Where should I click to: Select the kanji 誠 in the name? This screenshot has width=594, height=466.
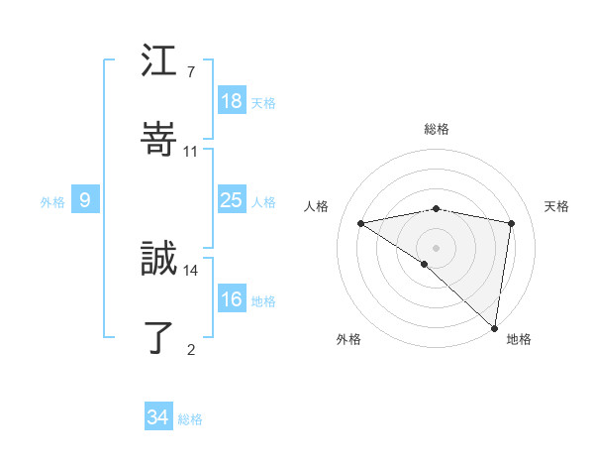coord(159,259)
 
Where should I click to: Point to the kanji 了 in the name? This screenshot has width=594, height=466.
coord(159,337)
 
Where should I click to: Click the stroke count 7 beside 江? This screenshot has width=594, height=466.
coord(190,72)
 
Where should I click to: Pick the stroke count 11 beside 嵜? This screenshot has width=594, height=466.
coord(191,151)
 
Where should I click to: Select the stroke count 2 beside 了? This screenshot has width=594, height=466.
coord(190,348)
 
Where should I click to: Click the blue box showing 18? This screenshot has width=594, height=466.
coord(231,101)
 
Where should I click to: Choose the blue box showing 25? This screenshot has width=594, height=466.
coord(231,200)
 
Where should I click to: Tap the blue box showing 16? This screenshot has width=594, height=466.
coord(231,299)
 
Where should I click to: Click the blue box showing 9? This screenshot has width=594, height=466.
coord(85,200)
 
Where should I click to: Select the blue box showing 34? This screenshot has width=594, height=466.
coord(157,417)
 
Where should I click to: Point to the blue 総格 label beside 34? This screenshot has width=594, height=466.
coord(190,419)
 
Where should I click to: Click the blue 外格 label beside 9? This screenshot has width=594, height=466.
coord(52,202)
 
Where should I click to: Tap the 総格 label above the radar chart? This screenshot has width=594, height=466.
coord(437,129)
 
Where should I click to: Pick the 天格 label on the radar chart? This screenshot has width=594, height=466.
coord(557,206)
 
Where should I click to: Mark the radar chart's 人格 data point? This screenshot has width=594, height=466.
coord(361,223)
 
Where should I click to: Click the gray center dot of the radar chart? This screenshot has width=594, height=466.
coord(436,247)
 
